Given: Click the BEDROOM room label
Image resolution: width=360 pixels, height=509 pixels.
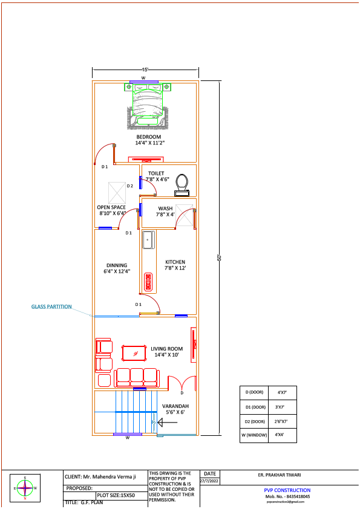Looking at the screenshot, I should click(x=148, y=137).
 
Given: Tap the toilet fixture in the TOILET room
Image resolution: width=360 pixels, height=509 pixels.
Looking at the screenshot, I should click(x=182, y=184).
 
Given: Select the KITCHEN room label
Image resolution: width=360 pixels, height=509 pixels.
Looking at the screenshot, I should click(x=175, y=262).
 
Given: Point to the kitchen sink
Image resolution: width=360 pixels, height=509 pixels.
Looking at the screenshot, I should click(x=148, y=239).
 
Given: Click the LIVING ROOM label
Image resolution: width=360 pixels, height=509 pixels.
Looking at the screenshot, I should click(x=166, y=349).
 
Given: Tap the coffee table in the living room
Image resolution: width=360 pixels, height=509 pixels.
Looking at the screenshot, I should click(x=134, y=352).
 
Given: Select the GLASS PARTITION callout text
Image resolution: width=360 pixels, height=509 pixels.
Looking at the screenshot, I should click(x=51, y=306).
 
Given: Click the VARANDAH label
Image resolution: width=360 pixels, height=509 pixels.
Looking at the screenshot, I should click(x=175, y=406).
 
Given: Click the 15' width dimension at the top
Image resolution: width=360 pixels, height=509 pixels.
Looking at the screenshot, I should click(x=145, y=70).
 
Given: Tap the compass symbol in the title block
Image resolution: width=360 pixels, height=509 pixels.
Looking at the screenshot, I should click(x=25, y=488).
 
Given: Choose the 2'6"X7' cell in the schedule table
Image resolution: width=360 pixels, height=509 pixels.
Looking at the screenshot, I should click(x=281, y=421).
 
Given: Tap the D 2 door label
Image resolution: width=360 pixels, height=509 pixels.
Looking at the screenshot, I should click(x=129, y=186).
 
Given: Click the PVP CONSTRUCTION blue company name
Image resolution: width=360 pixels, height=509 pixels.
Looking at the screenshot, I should click(x=287, y=490).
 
